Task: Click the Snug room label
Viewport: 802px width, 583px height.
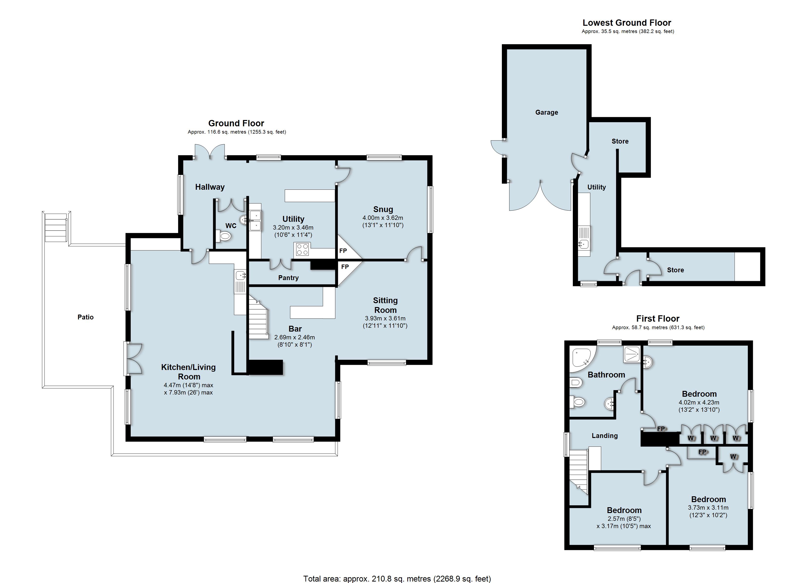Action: click(383, 209)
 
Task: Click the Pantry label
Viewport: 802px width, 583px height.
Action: click(288, 278)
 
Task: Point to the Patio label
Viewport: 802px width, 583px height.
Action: click(86, 317)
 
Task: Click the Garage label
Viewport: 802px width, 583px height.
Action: click(547, 112)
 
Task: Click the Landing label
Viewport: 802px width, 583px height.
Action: click(605, 436)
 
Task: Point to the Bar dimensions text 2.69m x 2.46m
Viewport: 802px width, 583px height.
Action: click(295, 337)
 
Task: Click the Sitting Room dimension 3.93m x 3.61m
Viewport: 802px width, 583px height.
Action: click(385, 318)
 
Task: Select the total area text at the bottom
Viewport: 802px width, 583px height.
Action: click(397, 579)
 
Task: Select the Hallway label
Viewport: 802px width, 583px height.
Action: click(210, 187)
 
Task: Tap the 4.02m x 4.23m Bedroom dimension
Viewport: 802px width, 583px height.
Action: click(699, 402)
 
